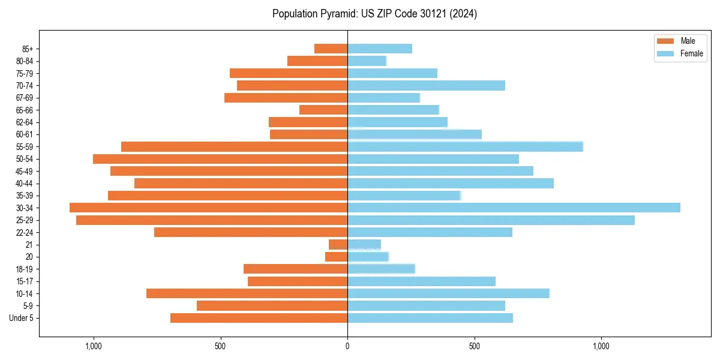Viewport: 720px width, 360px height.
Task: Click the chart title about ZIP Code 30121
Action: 374,14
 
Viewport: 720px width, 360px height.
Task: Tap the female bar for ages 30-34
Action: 514,208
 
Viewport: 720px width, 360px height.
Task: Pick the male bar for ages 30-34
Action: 208,208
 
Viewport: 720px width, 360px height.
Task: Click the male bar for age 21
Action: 338,244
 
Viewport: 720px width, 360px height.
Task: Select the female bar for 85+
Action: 380,49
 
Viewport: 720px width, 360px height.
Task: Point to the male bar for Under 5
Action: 259,318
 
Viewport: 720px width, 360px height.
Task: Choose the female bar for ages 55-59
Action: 465,146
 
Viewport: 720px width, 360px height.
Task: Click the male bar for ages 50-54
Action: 220,159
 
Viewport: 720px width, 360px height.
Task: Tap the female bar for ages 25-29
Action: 491,220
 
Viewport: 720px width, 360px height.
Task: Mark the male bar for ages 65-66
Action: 323,110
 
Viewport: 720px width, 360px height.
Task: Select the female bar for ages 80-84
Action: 367,61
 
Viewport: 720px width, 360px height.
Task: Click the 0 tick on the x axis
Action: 347,346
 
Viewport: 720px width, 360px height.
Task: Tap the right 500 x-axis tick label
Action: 475,346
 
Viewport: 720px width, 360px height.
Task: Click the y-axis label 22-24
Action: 24,232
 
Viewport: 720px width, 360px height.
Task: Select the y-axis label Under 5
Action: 22,318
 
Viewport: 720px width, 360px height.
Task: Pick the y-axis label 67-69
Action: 24,98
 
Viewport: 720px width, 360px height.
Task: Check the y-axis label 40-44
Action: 24,184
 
